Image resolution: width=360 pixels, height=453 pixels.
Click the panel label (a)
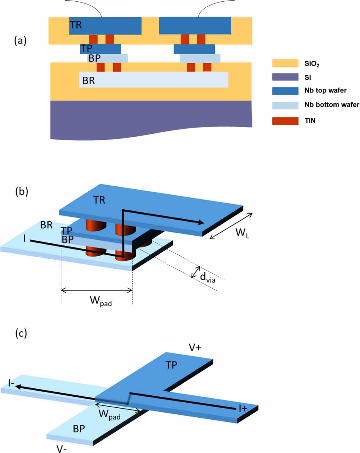[20, 41]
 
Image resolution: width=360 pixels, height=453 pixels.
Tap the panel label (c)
[21, 333]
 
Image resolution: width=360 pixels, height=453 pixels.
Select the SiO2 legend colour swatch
[285, 63]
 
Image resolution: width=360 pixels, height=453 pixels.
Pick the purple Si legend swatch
[285, 77]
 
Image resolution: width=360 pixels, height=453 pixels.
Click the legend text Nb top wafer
[325, 90]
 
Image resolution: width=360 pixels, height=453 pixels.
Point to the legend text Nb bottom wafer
[332, 105]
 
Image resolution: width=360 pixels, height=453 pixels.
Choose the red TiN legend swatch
[285, 121]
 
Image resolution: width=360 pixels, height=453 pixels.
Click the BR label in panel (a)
[89, 81]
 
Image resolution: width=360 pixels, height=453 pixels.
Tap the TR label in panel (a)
[76, 25]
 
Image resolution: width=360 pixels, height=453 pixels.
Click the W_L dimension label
[242, 232]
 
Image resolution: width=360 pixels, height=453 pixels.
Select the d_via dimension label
[207, 277]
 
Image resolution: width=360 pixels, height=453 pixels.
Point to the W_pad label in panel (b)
[100, 301]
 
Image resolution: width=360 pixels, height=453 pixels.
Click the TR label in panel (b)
[99, 200]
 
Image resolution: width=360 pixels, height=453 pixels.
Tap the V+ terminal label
[195, 348]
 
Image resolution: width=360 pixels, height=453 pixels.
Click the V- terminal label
[61, 449]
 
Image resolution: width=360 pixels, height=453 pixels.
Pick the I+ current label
[243, 408]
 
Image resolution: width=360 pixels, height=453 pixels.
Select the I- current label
[11, 383]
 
